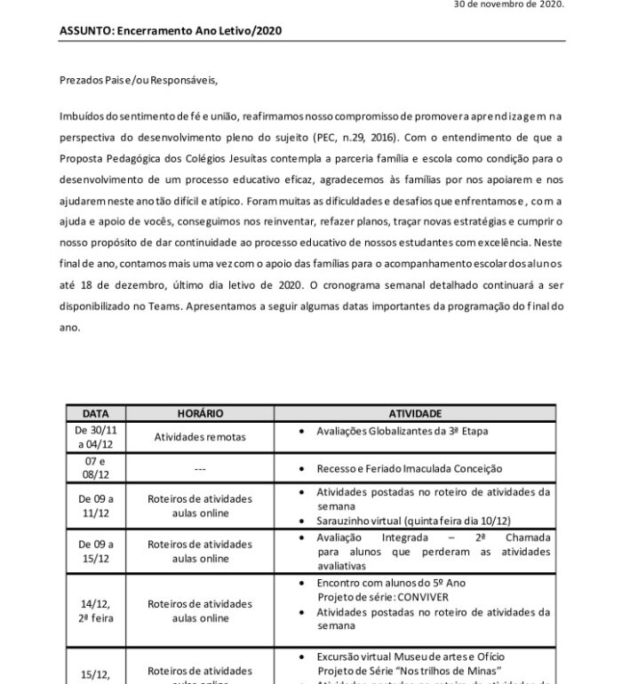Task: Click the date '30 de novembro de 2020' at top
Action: [x=508, y=4]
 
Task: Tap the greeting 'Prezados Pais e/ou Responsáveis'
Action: [x=138, y=79]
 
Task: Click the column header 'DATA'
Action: [x=96, y=413]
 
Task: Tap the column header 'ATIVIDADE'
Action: [x=415, y=413]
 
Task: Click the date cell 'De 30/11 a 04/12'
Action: [x=96, y=437]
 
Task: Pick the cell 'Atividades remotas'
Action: [x=200, y=437]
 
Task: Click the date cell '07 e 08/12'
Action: [x=96, y=468]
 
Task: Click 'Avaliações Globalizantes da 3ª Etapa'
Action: [x=403, y=431]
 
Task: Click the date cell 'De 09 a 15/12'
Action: [x=96, y=551]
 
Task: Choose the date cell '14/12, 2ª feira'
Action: [x=96, y=610]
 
